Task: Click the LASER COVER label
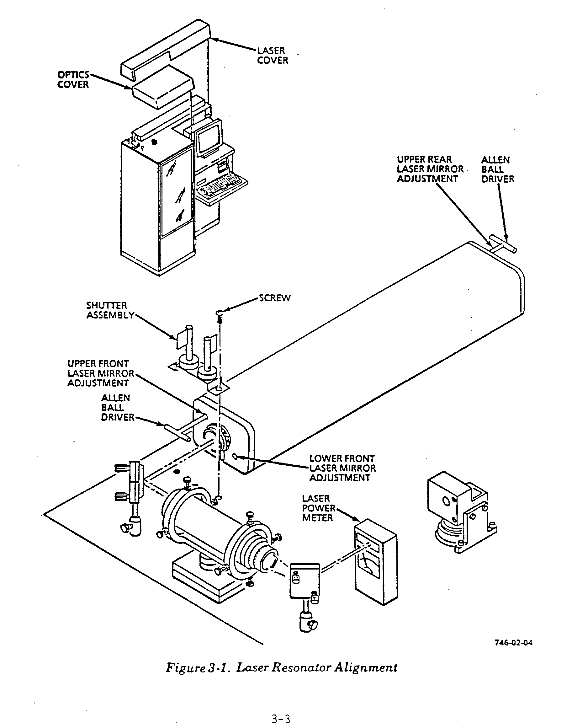[272, 56]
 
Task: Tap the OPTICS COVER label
[73, 79]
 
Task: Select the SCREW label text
[275, 298]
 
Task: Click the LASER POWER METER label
[318, 508]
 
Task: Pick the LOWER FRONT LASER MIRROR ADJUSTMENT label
[342, 468]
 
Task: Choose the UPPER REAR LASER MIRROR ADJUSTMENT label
[430, 169]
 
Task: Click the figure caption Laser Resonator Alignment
[282, 668]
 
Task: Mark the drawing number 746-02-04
[513, 643]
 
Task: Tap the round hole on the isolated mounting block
[447, 501]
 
